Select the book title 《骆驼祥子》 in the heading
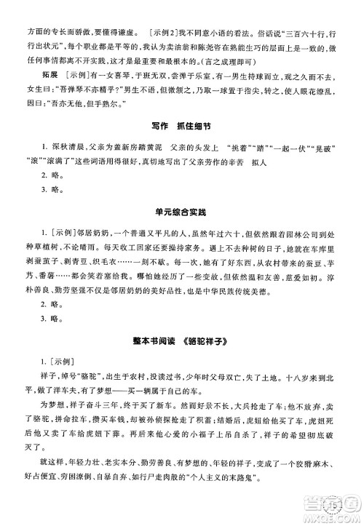[x=207, y=339]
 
